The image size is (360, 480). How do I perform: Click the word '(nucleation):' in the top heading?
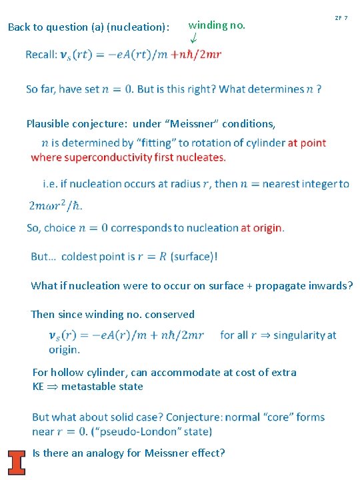(141, 27)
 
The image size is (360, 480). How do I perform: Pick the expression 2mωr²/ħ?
(56, 205)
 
